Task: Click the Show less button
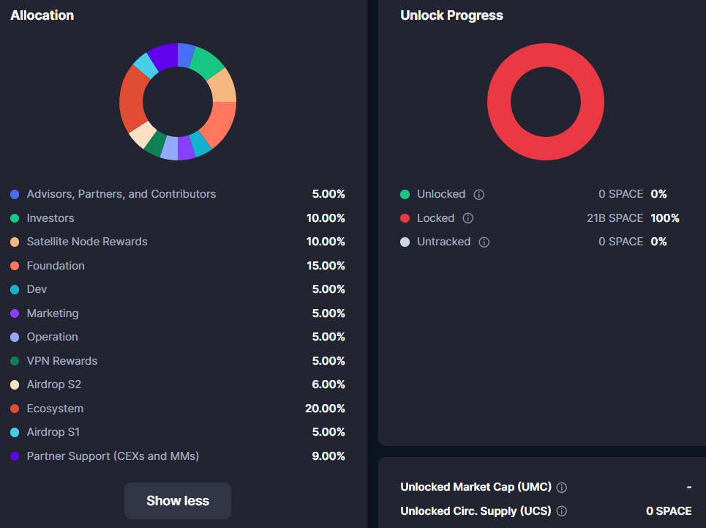178,501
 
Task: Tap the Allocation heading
42,15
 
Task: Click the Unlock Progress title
451,15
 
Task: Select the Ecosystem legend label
55,409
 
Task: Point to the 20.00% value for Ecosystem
325,409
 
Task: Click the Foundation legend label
56,266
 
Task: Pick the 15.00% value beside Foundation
326,266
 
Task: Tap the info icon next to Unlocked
479,195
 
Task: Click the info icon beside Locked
468,218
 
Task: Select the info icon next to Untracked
484,242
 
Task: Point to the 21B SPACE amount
615,218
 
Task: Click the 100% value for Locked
665,218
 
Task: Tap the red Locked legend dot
405,218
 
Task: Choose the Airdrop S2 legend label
54,384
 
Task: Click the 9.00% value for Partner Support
328,456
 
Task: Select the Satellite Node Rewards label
87,242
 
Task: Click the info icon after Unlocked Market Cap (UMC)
562,488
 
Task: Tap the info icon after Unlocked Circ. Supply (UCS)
562,511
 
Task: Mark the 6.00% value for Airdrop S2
328,384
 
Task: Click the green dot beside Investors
15,218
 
